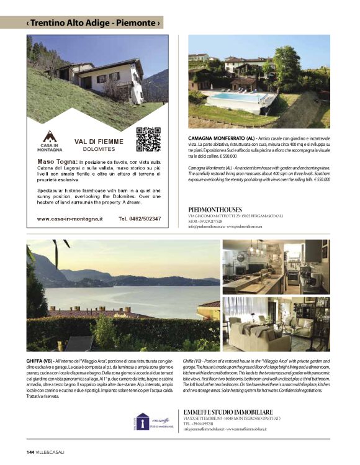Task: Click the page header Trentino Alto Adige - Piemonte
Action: point(93,23)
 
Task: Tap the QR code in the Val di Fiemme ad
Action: point(148,139)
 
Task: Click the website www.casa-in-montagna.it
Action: point(70,219)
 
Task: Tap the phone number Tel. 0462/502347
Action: point(140,219)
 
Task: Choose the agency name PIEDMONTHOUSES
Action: point(215,209)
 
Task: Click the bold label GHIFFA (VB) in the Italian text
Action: point(39,360)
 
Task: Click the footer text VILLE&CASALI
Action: point(50,451)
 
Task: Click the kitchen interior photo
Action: point(276,267)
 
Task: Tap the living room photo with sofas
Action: point(276,325)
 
